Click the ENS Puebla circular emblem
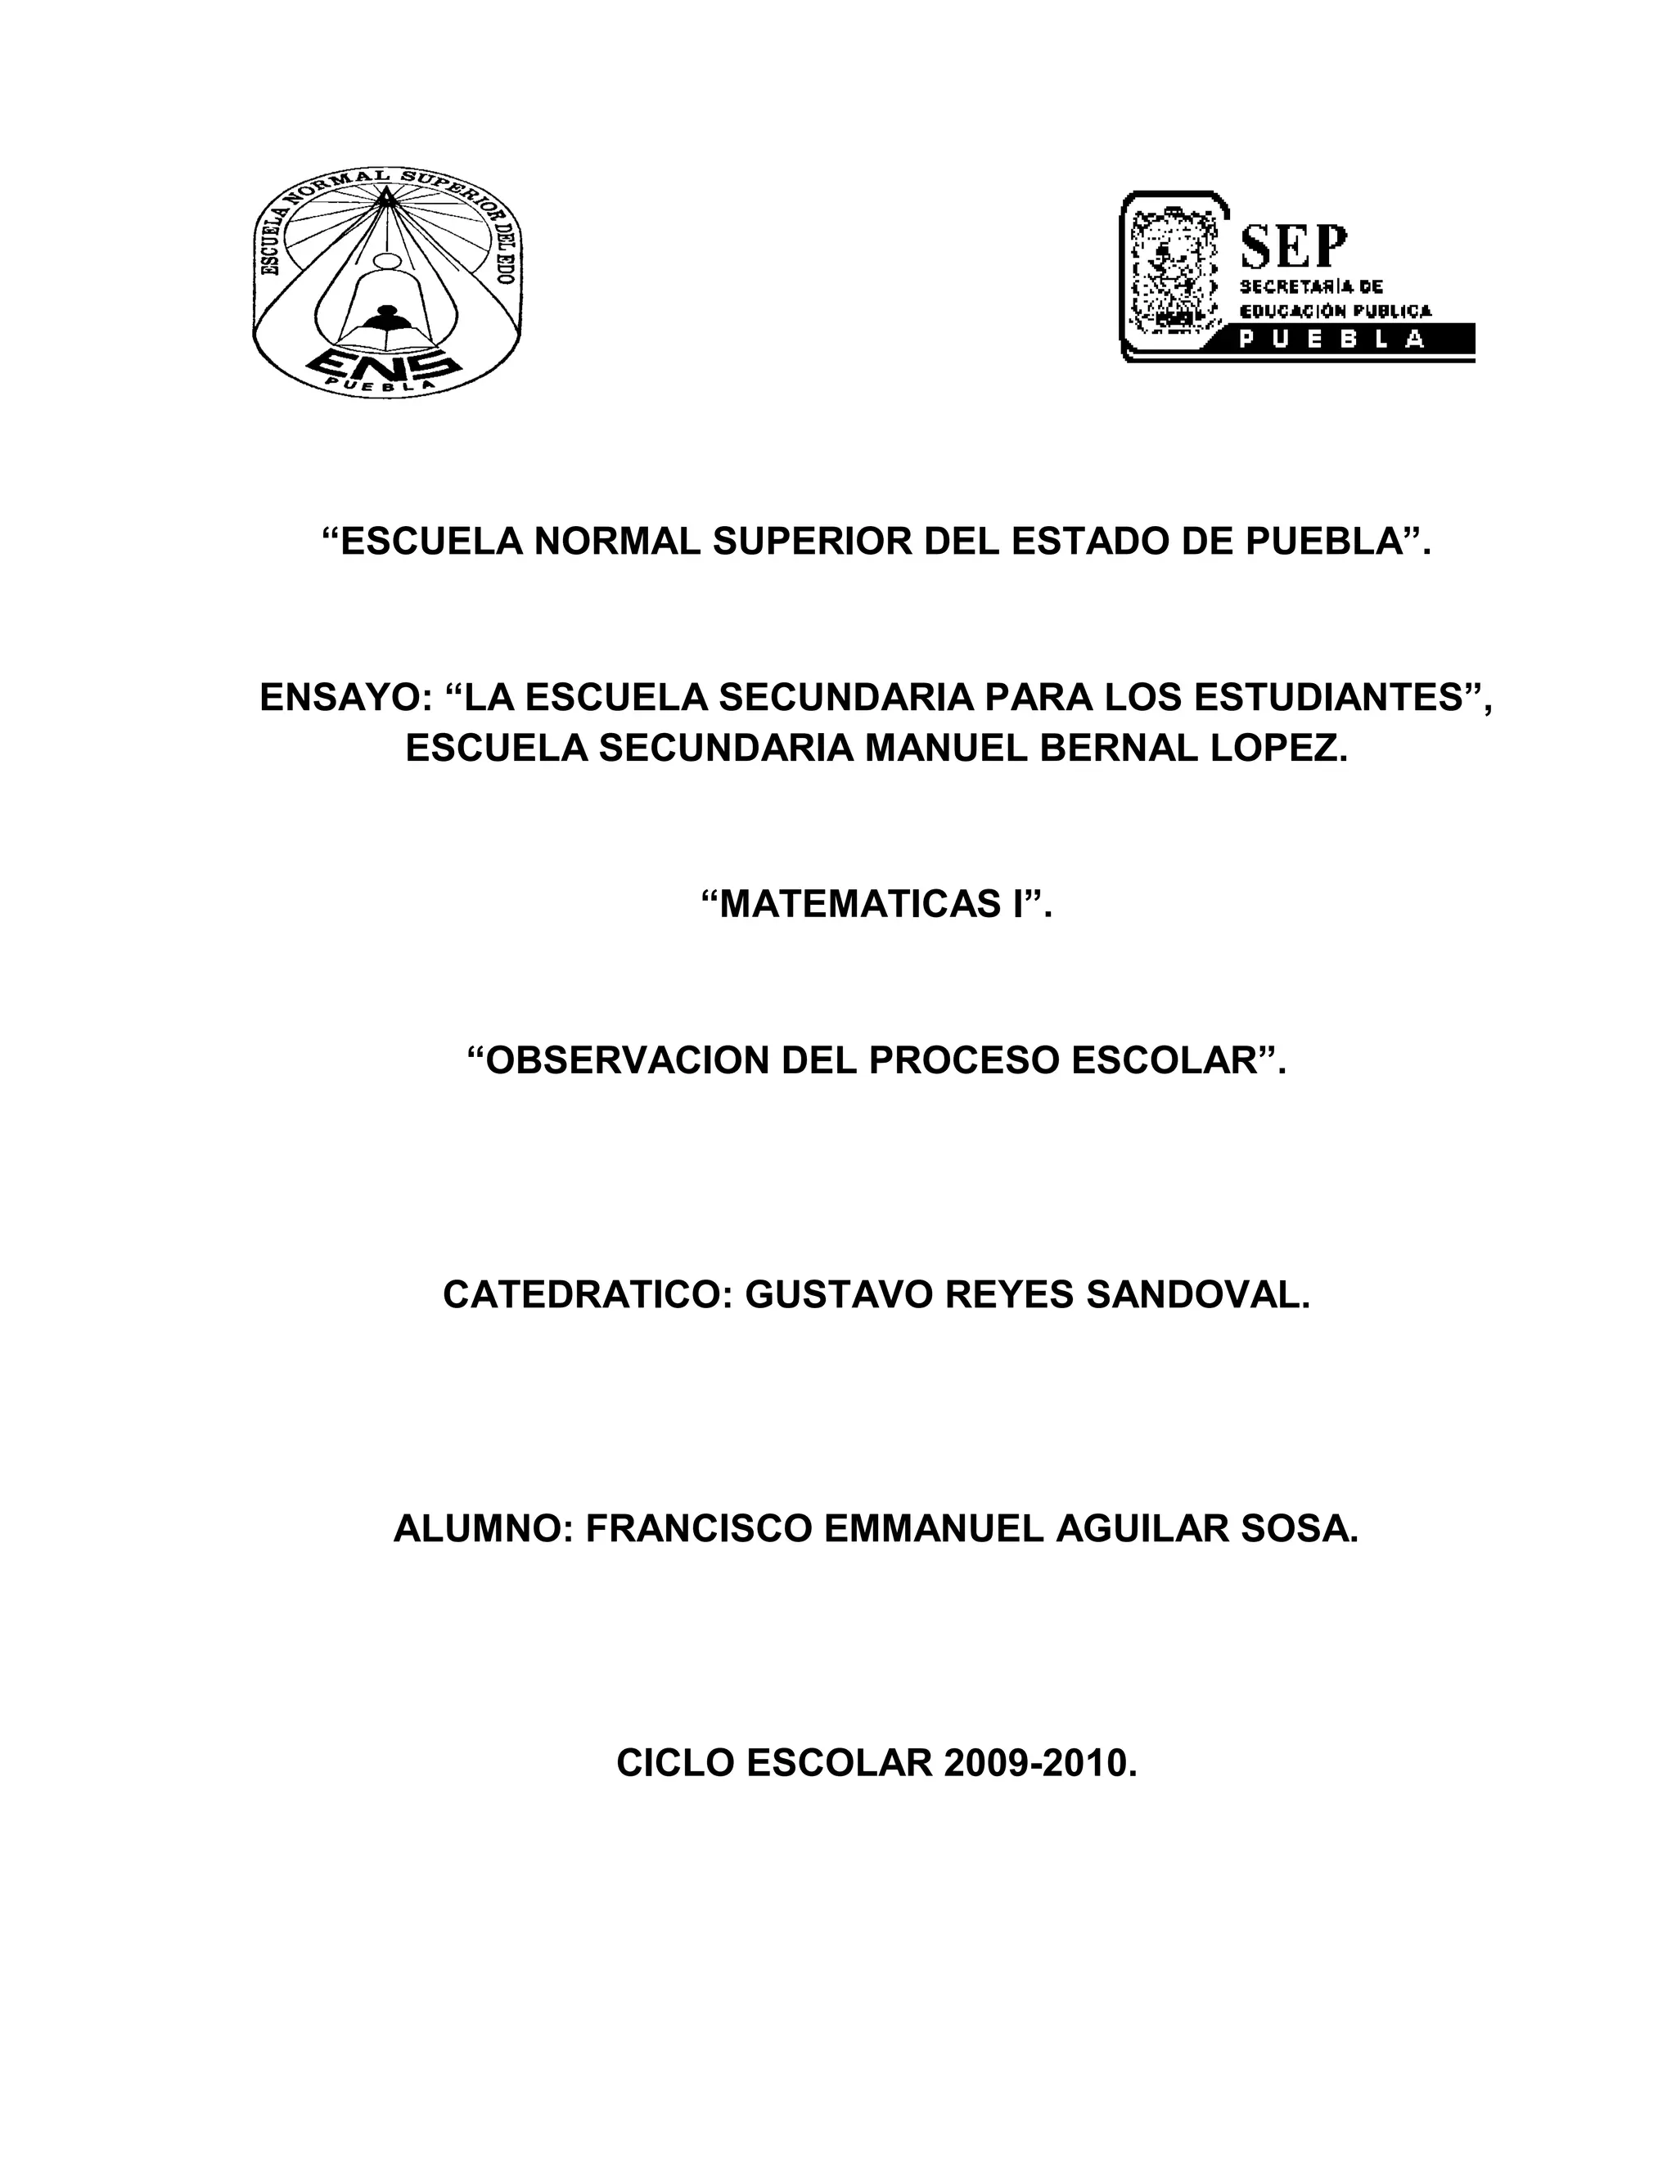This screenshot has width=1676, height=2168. click(386, 283)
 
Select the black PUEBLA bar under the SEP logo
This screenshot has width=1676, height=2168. click(1355, 340)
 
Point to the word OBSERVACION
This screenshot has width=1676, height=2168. click(618, 1061)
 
